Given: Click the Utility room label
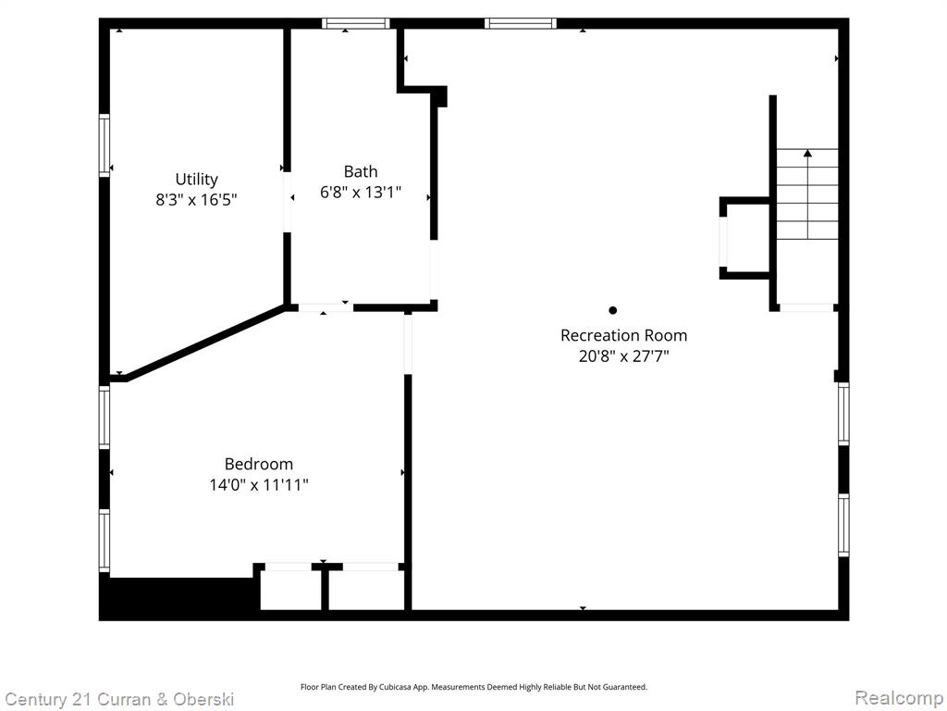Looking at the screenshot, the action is (x=196, y=180).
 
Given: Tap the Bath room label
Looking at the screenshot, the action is (x=361, y=171).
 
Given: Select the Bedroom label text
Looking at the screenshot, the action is (x=259, y=465).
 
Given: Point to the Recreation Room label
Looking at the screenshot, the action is (x=623, y=335).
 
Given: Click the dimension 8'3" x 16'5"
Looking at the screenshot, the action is (x=196, y=200).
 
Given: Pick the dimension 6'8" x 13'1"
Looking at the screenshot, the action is (x=361, y=193).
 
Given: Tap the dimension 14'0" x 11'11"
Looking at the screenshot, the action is (x=259, y=485).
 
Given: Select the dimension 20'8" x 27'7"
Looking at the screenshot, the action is (x=623, y=356).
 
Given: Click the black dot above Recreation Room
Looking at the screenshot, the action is (x=612, y=310).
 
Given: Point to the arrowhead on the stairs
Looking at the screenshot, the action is (x=807, y=153).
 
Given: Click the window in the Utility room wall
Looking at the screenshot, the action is (x=105, y=145).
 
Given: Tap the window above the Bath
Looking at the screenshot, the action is (x=355, y=23).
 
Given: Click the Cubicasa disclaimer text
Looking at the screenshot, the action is (x=473, y=687).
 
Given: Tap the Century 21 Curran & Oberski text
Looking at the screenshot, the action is (x=119, y=700).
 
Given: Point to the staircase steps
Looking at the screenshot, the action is (x=806, y=193).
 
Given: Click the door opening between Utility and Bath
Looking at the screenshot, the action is (x=287, y=202).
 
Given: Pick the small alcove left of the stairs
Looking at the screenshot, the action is (x=745, y=238).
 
